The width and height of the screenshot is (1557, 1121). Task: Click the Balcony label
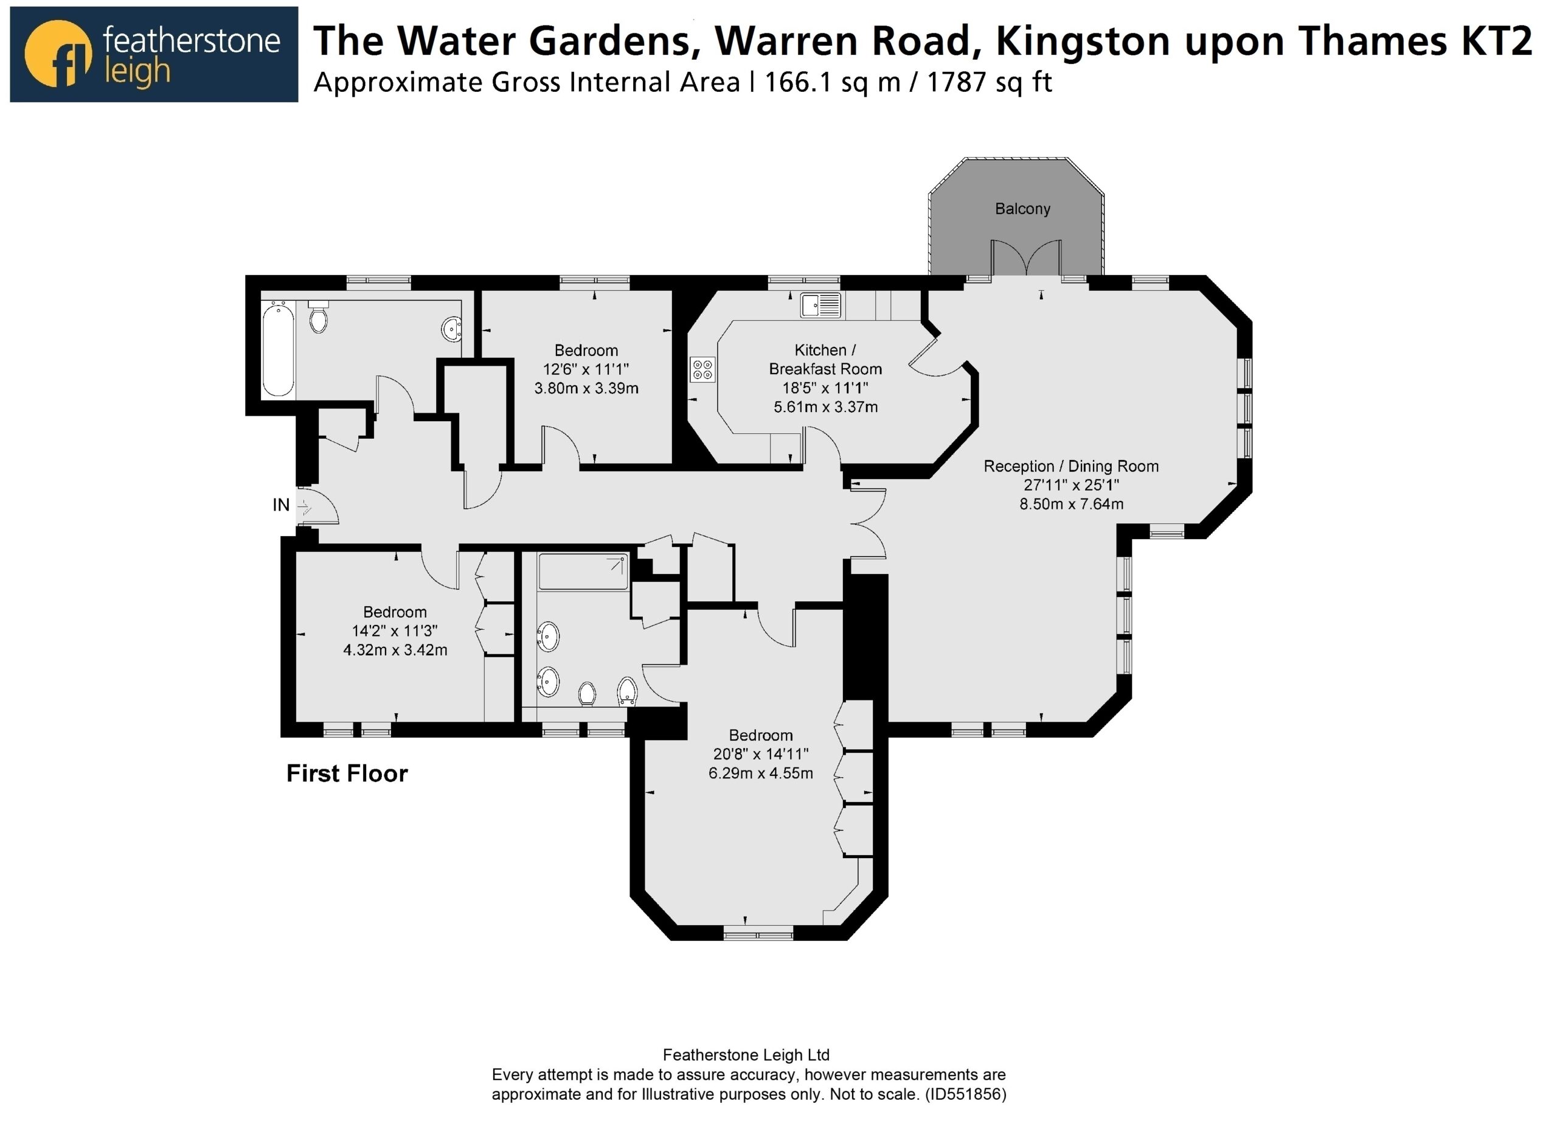click(x=1022, y=209)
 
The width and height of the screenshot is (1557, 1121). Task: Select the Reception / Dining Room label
click(x=1071, y=466)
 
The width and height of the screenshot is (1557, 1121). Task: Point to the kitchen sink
click(x=820, y=304)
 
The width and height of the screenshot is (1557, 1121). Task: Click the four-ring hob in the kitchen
click(x=703, y=369)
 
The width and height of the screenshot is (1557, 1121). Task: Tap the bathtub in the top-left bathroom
click(x=278, y=351)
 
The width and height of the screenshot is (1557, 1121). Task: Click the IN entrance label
click(x=282, y=505)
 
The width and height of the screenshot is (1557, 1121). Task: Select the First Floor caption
click(x=347, y=774)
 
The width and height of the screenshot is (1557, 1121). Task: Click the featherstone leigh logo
click(x=154, y=54)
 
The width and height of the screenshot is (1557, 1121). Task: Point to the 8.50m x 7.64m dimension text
click(x=1071, y=504)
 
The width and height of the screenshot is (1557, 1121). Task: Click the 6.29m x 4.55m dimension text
click(x=761, y=774)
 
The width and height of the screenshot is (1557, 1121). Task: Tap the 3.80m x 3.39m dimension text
click(x=586, y=389)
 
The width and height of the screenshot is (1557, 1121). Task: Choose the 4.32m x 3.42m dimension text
click(x=395, y=650)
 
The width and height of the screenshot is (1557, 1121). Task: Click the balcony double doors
click(x=1025, y=257)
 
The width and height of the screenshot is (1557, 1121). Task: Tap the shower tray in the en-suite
click(x=583, y=572)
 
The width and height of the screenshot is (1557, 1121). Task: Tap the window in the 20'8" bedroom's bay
click(x=758, y=933)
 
